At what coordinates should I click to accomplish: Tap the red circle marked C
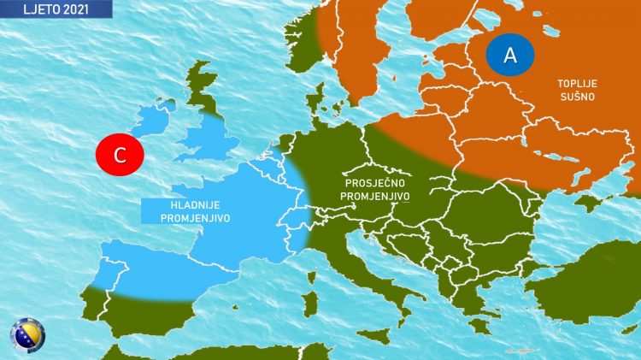(x=120, y=155)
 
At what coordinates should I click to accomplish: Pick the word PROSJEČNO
(x=375, y=183)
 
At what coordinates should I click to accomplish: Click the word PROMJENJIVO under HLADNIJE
(x=191, y=218)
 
